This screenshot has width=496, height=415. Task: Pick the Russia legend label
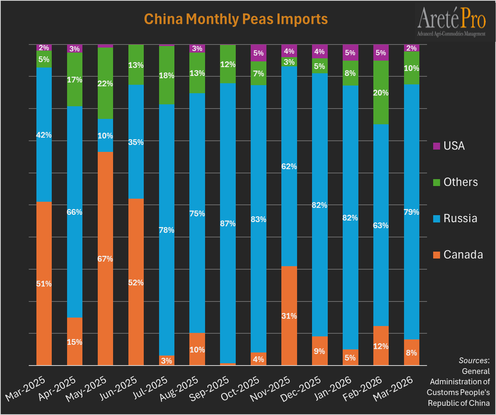[x=460, y=218]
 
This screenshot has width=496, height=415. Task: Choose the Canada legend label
[x=463, y=254]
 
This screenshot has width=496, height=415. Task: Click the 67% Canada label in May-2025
[x=105, y=259]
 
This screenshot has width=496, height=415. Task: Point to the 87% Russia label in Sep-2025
[x=227, y=223]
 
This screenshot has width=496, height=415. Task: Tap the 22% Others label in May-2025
[x=105, y=83]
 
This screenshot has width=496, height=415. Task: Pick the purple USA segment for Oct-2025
[x=258, y=53]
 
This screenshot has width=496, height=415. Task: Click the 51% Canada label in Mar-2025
[x=44, y=284]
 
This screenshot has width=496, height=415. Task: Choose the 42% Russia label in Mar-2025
[x=44, y=134]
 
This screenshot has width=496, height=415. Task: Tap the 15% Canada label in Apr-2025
[x=74, y=342]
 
